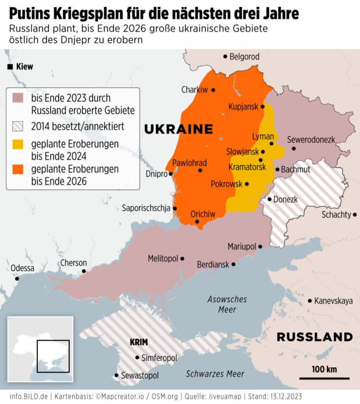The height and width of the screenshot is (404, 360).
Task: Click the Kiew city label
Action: coord(24,66)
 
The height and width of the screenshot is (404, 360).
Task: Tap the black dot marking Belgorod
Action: coord(226,56)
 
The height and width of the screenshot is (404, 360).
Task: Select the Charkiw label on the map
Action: coord(194,90)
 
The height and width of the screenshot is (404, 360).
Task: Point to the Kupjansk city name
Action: coord(242,107)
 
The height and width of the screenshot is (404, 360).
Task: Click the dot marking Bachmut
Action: coord(277,169)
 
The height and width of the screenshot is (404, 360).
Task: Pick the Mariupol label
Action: coord(241,247)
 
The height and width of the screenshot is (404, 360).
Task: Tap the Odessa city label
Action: coord(22,268)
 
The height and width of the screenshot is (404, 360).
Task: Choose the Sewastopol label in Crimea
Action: coord(140,376)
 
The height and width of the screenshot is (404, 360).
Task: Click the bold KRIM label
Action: coord(139,343)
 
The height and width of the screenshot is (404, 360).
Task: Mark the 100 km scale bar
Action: coord(324,377)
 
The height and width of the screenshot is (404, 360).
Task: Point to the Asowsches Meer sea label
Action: coord(227,304)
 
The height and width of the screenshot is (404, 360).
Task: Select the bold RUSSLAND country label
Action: coord(314,337)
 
